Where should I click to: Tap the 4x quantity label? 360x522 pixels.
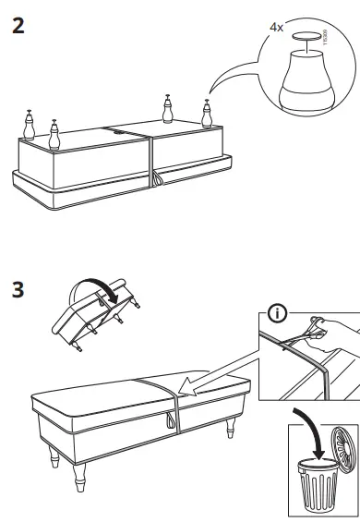[276, 28]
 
